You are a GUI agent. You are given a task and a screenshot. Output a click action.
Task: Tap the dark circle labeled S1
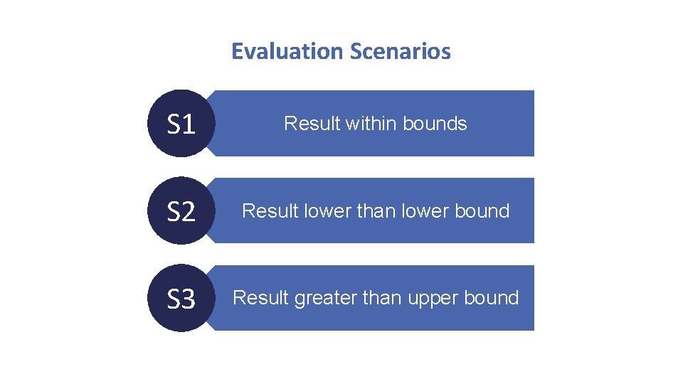pyautogui.click(x=181, y=124)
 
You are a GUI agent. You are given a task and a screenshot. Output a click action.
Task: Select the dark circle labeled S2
pyautogui.click(x=181, y=211)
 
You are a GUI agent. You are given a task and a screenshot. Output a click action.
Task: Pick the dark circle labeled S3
pyautogui.click(x=181, y=299)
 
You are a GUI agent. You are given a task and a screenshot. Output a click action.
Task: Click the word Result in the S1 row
pyautogui.click(x=312, y=124)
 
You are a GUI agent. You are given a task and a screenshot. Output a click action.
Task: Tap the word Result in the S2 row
pyautogui.click(x=270, y=211)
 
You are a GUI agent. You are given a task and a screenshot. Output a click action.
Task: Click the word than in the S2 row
pyautogui.click(x=376, y=211)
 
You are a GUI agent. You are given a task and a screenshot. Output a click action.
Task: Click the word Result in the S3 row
pyautogui.click(x=260, y=298)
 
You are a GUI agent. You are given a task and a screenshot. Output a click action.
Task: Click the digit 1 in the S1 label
pyautogui.click(x=189, y=124)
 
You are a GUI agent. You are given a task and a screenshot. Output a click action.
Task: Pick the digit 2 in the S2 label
pyautogui.click(x=189, y=212)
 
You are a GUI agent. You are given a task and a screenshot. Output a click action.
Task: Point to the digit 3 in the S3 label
pyautogui.click(x=189, y=299)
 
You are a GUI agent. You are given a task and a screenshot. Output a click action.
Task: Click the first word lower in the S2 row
pyautogui.click(x=326, y=211)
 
